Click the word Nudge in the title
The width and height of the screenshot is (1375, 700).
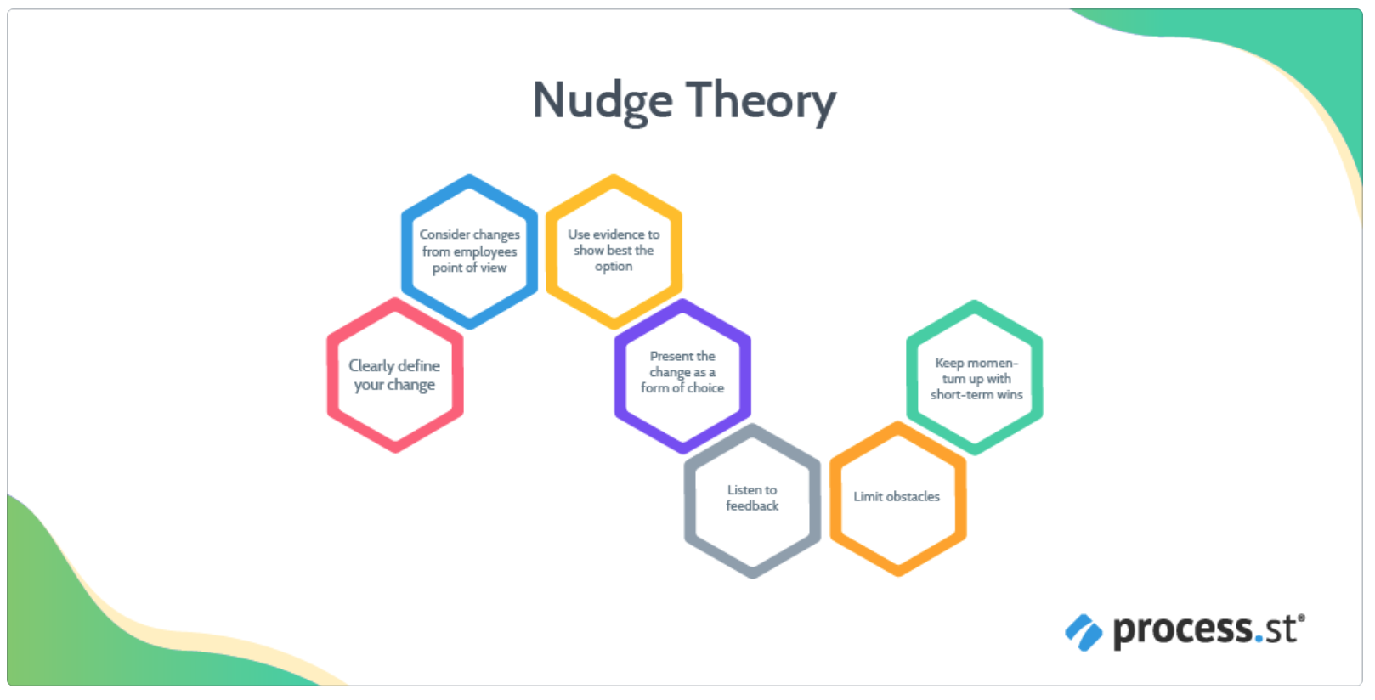tap(603, 101)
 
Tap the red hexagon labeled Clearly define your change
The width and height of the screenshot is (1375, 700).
tap(395, 375)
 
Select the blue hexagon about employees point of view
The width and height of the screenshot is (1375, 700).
tap(469, 251)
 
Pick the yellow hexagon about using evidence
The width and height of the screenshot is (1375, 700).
tap(614, 251)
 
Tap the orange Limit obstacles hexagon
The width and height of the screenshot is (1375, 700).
tap(897, 498)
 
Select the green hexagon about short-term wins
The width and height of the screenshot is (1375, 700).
tap(975, 378)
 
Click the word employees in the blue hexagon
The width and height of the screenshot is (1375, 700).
tap(484, 251)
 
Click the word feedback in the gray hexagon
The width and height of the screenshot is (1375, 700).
tap(752, 506)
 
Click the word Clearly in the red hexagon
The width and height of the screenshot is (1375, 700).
tap(371, 366)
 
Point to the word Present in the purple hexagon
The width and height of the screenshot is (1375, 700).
tap(671, 357)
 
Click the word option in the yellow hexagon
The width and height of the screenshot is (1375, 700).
tap(614, 267)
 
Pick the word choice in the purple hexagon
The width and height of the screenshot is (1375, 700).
tap(705, 388)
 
